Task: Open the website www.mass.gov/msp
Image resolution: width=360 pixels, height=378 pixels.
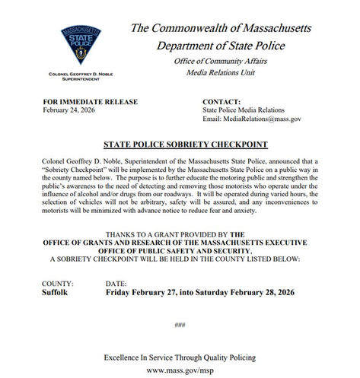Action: [180, 371]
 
